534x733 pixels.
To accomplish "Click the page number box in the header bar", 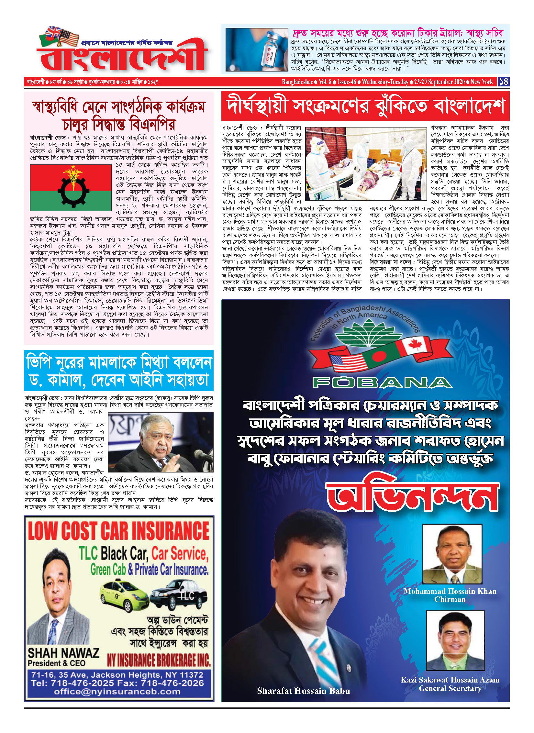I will point(503,82).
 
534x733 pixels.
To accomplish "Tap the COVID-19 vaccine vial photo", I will point(257,50).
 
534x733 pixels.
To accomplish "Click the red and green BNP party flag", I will point(71,188).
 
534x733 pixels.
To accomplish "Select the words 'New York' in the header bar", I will point(482,82).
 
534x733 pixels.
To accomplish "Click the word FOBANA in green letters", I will point(382,383).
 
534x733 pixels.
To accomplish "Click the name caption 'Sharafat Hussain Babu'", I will point(303,691).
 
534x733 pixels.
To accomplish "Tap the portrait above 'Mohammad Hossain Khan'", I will point(452,554).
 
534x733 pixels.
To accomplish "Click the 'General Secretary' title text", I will point(450,688).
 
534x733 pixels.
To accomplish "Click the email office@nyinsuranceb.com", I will point(117,692).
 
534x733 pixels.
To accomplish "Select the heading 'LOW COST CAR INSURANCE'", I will point(118,531).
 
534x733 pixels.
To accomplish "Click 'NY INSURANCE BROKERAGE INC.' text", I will point(159,660).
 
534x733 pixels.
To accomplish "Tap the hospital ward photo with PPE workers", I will point(366,163).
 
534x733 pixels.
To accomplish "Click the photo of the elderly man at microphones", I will point(161,442).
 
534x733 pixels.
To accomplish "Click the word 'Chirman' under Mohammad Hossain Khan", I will point(450,599).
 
